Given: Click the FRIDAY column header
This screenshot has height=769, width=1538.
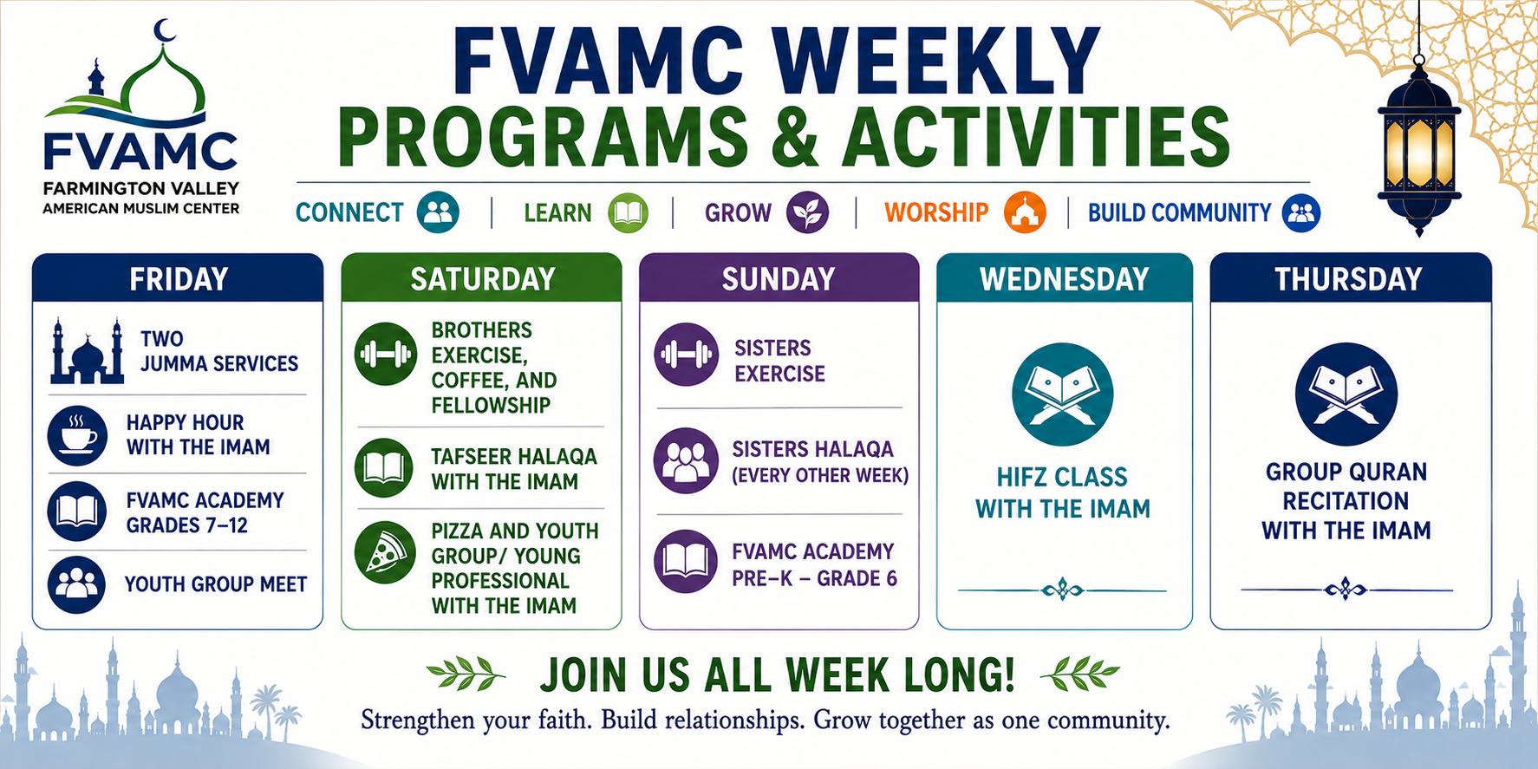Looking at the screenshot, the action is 178,278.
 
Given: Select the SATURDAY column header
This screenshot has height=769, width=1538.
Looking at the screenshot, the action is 482,278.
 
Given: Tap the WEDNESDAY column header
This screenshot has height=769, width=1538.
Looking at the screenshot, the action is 1064,278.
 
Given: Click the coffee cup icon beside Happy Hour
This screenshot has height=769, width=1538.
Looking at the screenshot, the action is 78,434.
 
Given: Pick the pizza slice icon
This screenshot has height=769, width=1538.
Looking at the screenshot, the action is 385,552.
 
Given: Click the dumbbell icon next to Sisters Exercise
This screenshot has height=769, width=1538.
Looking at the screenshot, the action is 687,355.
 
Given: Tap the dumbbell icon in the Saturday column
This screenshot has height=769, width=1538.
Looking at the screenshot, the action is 386,354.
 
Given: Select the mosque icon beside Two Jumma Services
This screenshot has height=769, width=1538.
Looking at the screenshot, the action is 87,351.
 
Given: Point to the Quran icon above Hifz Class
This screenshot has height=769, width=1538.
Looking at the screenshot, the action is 1062,394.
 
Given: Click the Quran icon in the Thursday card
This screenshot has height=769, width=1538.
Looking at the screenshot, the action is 1346,394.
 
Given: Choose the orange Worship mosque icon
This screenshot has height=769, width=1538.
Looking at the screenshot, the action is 1025,212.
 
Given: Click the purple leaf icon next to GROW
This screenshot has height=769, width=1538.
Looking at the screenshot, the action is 807,212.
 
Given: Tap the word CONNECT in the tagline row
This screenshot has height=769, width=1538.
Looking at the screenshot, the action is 349,212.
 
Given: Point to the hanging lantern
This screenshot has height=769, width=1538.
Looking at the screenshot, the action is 1419,147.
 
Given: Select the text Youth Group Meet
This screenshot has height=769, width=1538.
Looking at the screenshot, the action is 216,584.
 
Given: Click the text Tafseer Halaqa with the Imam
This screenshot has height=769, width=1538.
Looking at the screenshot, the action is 514,469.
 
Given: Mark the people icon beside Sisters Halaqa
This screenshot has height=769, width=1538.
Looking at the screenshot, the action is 686,461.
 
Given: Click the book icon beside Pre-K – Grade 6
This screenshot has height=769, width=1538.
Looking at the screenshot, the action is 686,562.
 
